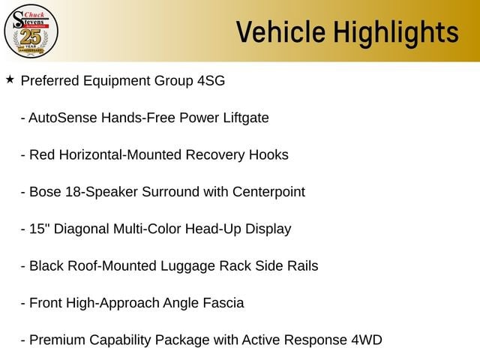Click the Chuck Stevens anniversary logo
click(31, 31)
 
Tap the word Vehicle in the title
click(280, 32)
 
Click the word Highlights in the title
click(396, 34)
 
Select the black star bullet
click(10, 79)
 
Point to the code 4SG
click(211, 81)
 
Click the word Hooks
click(268, 155)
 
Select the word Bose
click(45, 192)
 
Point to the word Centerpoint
click(268, 192)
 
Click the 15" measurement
click(40, 229)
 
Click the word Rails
click(302, 266)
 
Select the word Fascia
click(223, 303)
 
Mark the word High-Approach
click(112, 303)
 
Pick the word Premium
click(57, 340)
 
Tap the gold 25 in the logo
click(31, 37)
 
